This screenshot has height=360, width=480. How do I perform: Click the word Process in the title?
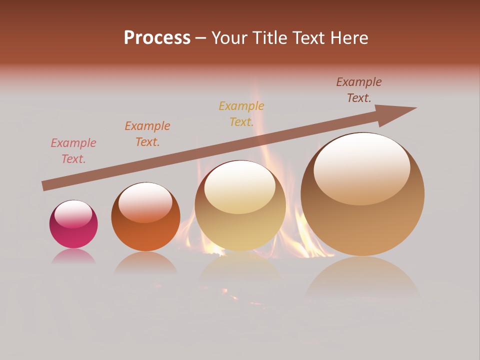pos(157,38)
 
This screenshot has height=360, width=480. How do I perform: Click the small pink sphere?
pos(73,224)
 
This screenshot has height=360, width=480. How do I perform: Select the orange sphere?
pos(145,216)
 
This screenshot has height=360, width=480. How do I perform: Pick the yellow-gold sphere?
pos(240,206)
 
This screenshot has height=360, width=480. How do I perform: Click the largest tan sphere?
pos(362,194)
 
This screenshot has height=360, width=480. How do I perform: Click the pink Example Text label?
pos(73,151)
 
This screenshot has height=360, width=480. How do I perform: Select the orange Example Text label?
pos(147,134)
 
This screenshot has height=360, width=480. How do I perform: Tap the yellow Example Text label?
pos(241,114)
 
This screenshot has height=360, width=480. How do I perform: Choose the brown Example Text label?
pos(359,90)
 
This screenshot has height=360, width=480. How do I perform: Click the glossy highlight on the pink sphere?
pos(73,214)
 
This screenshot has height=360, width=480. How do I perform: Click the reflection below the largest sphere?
pos(362,277)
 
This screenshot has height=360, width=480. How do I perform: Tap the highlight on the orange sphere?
pos(145,202)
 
